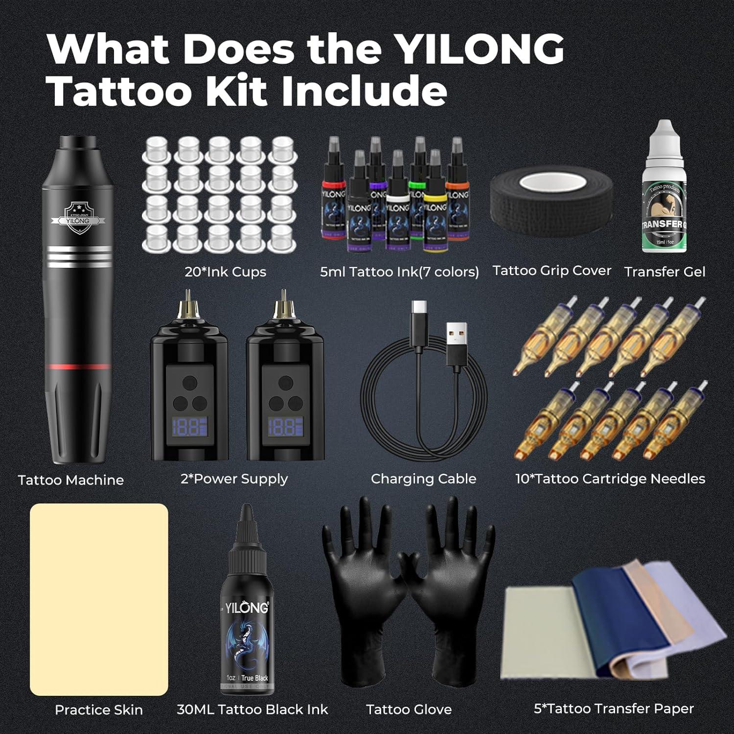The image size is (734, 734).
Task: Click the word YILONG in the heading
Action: [x=479, y=49]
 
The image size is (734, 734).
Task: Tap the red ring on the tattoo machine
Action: [x=78, y=366]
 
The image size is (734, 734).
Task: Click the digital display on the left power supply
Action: [x=189, y=427]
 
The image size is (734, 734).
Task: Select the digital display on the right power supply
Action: [x=285, y=427]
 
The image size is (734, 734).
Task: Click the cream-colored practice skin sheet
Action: [x=99, y=599]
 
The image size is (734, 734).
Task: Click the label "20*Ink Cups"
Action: [x=225, y=272]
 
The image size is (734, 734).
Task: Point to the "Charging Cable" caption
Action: [x=423, y=479]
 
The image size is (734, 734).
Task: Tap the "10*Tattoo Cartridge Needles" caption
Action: [x=610, y=479]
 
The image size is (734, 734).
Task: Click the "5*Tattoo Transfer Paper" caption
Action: [x=614, y=709]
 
